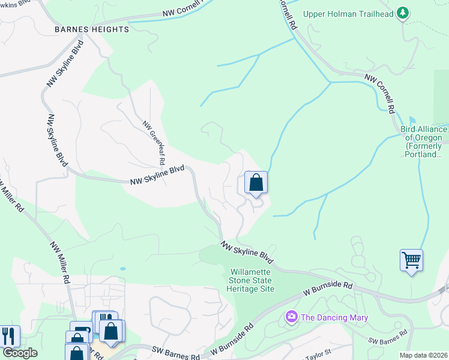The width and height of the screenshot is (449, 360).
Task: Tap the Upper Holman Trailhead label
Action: (348, 13)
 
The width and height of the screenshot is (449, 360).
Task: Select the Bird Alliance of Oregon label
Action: (424, 142)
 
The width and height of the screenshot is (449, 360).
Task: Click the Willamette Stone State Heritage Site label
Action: (251, 280)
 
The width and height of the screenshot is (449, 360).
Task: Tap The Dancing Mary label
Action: (333, 317)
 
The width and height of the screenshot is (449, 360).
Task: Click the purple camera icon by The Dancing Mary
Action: (292, 316)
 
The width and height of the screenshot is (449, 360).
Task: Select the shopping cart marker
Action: (411, 260)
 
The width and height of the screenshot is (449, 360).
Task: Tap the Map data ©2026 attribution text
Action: (423, 355)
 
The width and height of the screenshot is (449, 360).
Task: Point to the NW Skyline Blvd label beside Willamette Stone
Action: (246, 253)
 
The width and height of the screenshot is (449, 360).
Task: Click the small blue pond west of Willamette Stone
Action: (122, 269)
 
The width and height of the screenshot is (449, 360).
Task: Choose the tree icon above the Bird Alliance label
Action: (412, 121)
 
